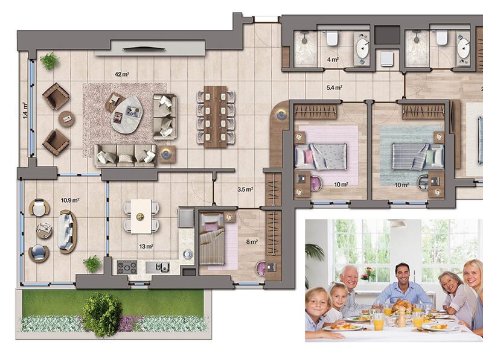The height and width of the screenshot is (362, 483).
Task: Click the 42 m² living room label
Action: pos(122,74)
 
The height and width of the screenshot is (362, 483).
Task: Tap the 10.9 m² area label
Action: pos(70,200)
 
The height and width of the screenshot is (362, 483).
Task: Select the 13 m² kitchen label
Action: pos(146,246)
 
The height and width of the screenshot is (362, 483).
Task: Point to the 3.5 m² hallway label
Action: pos(245,189)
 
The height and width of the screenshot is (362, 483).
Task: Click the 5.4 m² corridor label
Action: pos(334,87)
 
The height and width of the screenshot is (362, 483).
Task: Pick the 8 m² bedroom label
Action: pos(252,242)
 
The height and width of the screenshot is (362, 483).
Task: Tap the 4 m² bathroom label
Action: pos(333,59)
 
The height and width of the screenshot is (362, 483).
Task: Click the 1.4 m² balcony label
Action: pos(25,110)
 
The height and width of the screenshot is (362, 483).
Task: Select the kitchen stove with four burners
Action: pos(127,267)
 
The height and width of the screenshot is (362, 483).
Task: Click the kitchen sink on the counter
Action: pos(157,267)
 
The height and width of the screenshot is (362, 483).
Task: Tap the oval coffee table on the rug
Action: pos(126,115)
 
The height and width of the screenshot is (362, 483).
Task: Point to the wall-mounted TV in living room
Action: pos(144,48)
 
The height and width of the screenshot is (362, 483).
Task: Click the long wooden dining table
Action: pos(216,116)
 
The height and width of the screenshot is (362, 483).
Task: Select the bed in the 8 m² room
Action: pos(212,239)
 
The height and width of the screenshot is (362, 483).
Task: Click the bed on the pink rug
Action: pos(321,156)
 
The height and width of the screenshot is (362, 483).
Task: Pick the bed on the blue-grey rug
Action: pos(418,156)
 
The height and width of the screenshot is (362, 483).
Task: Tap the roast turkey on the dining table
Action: pos(401,306)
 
